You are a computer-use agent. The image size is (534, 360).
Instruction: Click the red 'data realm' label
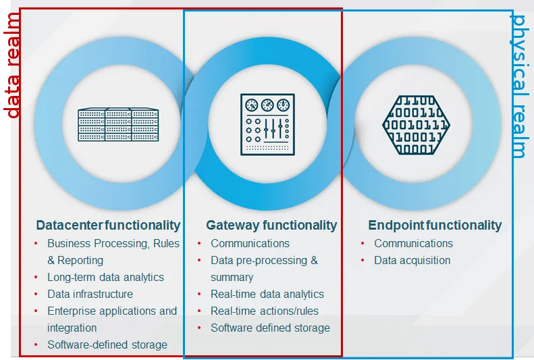12,66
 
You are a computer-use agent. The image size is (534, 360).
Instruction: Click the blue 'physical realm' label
519,86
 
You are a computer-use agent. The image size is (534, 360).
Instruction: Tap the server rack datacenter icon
118,125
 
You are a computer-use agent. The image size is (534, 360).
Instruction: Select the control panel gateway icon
268,125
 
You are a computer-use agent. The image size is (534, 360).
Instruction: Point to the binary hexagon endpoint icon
416,125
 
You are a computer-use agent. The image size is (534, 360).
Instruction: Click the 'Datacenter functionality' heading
108,225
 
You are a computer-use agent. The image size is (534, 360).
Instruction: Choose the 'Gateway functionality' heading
271,225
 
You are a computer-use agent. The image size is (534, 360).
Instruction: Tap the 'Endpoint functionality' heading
435,225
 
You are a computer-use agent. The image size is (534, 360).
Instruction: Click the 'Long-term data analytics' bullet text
105,277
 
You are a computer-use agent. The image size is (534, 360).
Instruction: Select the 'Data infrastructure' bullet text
90,294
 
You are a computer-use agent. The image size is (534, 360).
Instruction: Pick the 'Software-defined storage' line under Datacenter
107,344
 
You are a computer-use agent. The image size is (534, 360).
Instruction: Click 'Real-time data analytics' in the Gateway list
267,294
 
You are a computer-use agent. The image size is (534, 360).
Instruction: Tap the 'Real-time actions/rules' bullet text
265,311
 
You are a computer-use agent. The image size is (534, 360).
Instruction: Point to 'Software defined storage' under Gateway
271,328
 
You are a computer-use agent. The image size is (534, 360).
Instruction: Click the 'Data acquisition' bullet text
412,260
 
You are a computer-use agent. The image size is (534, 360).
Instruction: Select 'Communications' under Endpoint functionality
413,244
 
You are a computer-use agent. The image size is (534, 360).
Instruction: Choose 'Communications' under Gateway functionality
250,244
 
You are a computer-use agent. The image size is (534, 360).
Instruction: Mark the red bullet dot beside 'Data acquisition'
363,261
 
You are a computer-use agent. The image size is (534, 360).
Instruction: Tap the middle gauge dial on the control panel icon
267,105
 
